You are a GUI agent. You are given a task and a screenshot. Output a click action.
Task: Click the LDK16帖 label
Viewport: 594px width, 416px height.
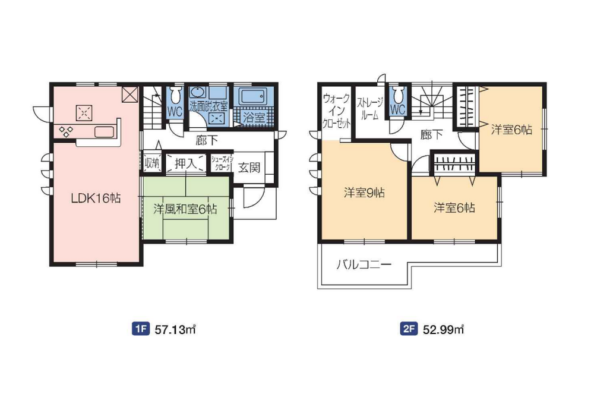(x=96, y=198)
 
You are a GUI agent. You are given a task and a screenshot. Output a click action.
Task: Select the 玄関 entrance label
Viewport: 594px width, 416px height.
(x=249, y=167)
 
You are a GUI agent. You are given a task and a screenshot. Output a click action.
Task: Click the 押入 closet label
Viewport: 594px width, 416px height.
(x=185, y=163)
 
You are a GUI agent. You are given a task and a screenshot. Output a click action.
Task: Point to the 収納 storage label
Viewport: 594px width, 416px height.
(x=152, y=163)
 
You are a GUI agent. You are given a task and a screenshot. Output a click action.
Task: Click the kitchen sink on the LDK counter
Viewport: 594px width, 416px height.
(x=104, y=132)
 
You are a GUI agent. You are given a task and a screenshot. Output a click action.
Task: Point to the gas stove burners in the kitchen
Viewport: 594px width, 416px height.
(x=65, y=131)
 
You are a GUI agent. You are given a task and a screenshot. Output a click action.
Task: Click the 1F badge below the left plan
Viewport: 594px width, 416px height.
(x=140, y=329)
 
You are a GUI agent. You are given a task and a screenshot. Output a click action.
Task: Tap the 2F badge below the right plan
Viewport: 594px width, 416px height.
(x=409, y=329)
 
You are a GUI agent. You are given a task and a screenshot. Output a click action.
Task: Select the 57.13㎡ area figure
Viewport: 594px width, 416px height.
(x=175, y=329)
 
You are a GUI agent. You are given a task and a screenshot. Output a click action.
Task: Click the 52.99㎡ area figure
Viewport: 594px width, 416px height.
(x=443, y=329)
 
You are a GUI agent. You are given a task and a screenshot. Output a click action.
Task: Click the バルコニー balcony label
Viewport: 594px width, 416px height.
(x=364, y=264)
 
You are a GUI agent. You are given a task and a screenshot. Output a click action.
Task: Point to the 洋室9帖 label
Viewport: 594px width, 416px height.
(x=364, y=193)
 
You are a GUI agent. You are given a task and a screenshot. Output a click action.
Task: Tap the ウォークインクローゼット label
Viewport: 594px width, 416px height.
(x=336, y=111)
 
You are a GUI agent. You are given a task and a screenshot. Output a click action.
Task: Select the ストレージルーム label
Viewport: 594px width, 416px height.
(x=370, y=109)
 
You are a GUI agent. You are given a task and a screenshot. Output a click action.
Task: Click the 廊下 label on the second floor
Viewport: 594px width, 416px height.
(x=431, y=134)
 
